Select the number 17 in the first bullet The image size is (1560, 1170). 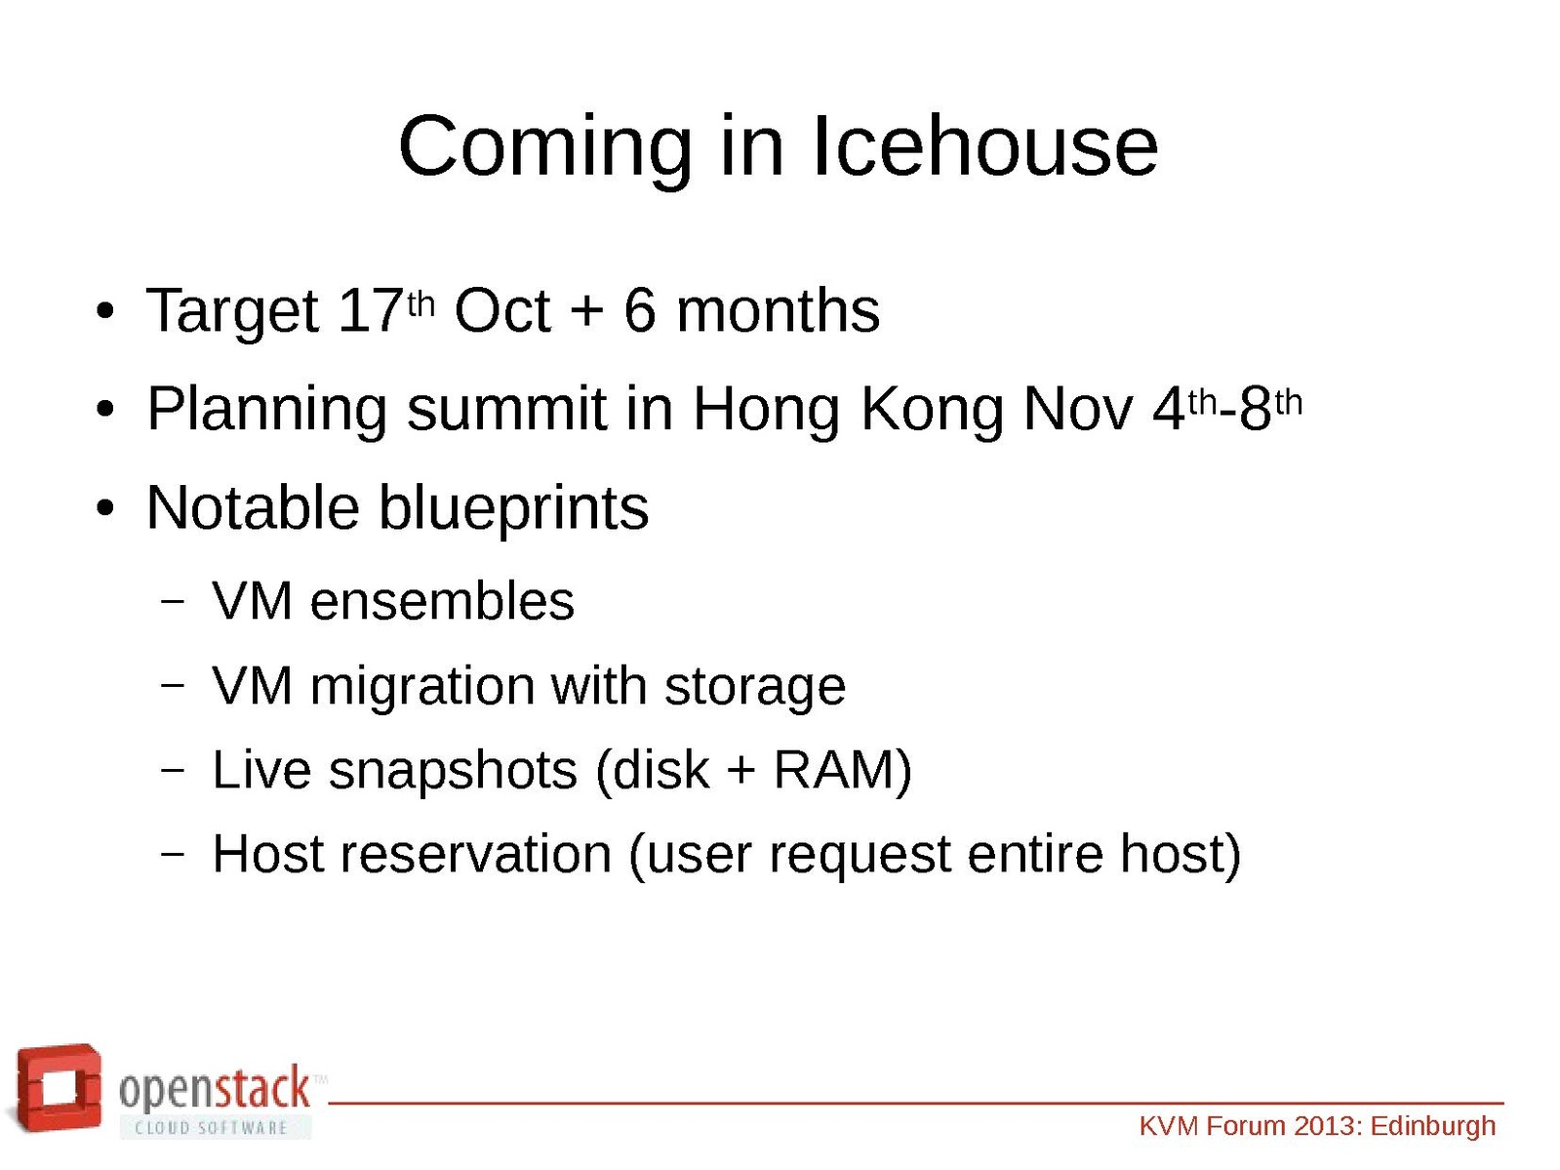371,310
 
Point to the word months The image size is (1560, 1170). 779,310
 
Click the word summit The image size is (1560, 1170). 507,409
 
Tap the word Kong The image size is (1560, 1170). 932,411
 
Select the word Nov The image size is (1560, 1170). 1077,411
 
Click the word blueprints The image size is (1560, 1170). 514,509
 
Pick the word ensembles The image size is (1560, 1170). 442,601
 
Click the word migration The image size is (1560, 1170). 422,687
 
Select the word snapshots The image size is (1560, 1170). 453,771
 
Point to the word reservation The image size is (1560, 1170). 476,854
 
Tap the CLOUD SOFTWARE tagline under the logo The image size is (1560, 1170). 211,1127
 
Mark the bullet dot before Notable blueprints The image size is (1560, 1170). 105,509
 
